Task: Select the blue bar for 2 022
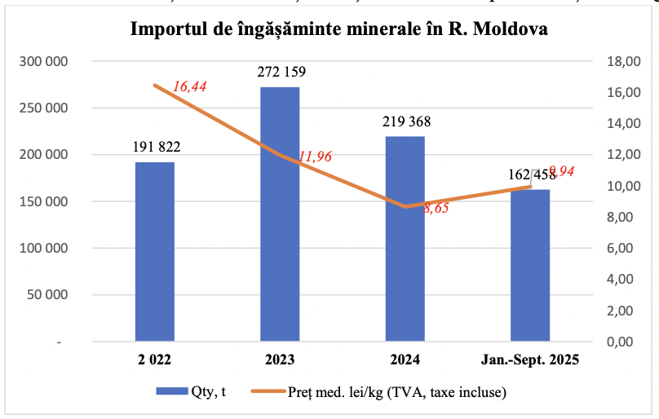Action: [155, 251]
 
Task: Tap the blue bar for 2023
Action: [280, 214]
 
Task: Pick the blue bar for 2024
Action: [405, 238]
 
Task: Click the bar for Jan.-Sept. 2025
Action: [530, 265]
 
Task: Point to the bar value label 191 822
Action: [156, 147]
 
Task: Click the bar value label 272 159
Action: [281, 72]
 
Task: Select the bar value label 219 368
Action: [406, 121]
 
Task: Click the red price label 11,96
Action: [315, 157]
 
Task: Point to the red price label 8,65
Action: [436, 208]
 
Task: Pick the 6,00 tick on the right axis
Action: [617, 249]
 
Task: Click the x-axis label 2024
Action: [405, 359]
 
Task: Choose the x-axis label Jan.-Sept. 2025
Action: [530, 359]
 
